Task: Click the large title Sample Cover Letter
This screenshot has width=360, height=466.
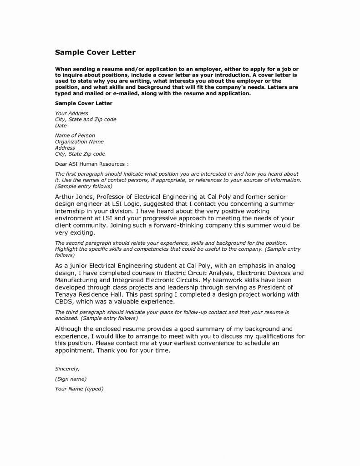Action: pyautogui.click(x=95, y=52)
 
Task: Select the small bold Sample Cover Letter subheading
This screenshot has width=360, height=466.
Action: pyautogui.click(x=83, y=103)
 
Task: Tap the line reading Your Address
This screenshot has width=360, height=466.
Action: pyautogui.click(x=71, y=113)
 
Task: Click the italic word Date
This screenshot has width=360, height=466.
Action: pyautogui.click(x=61, y=125)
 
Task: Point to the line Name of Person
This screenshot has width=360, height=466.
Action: pyautogui.click(x=75, y=136)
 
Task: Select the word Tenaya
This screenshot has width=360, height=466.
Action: pyautogui.click(x=67, y=294)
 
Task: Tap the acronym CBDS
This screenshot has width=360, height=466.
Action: pyautogui.click(x=65, y=302)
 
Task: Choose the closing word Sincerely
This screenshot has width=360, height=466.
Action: pyautogui.click(x=67, y=368)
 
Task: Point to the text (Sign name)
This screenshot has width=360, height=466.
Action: pyautogui.click(x=71, y=379)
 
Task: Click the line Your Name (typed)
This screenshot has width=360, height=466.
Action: pyautogui.click(x=79, y=389)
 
